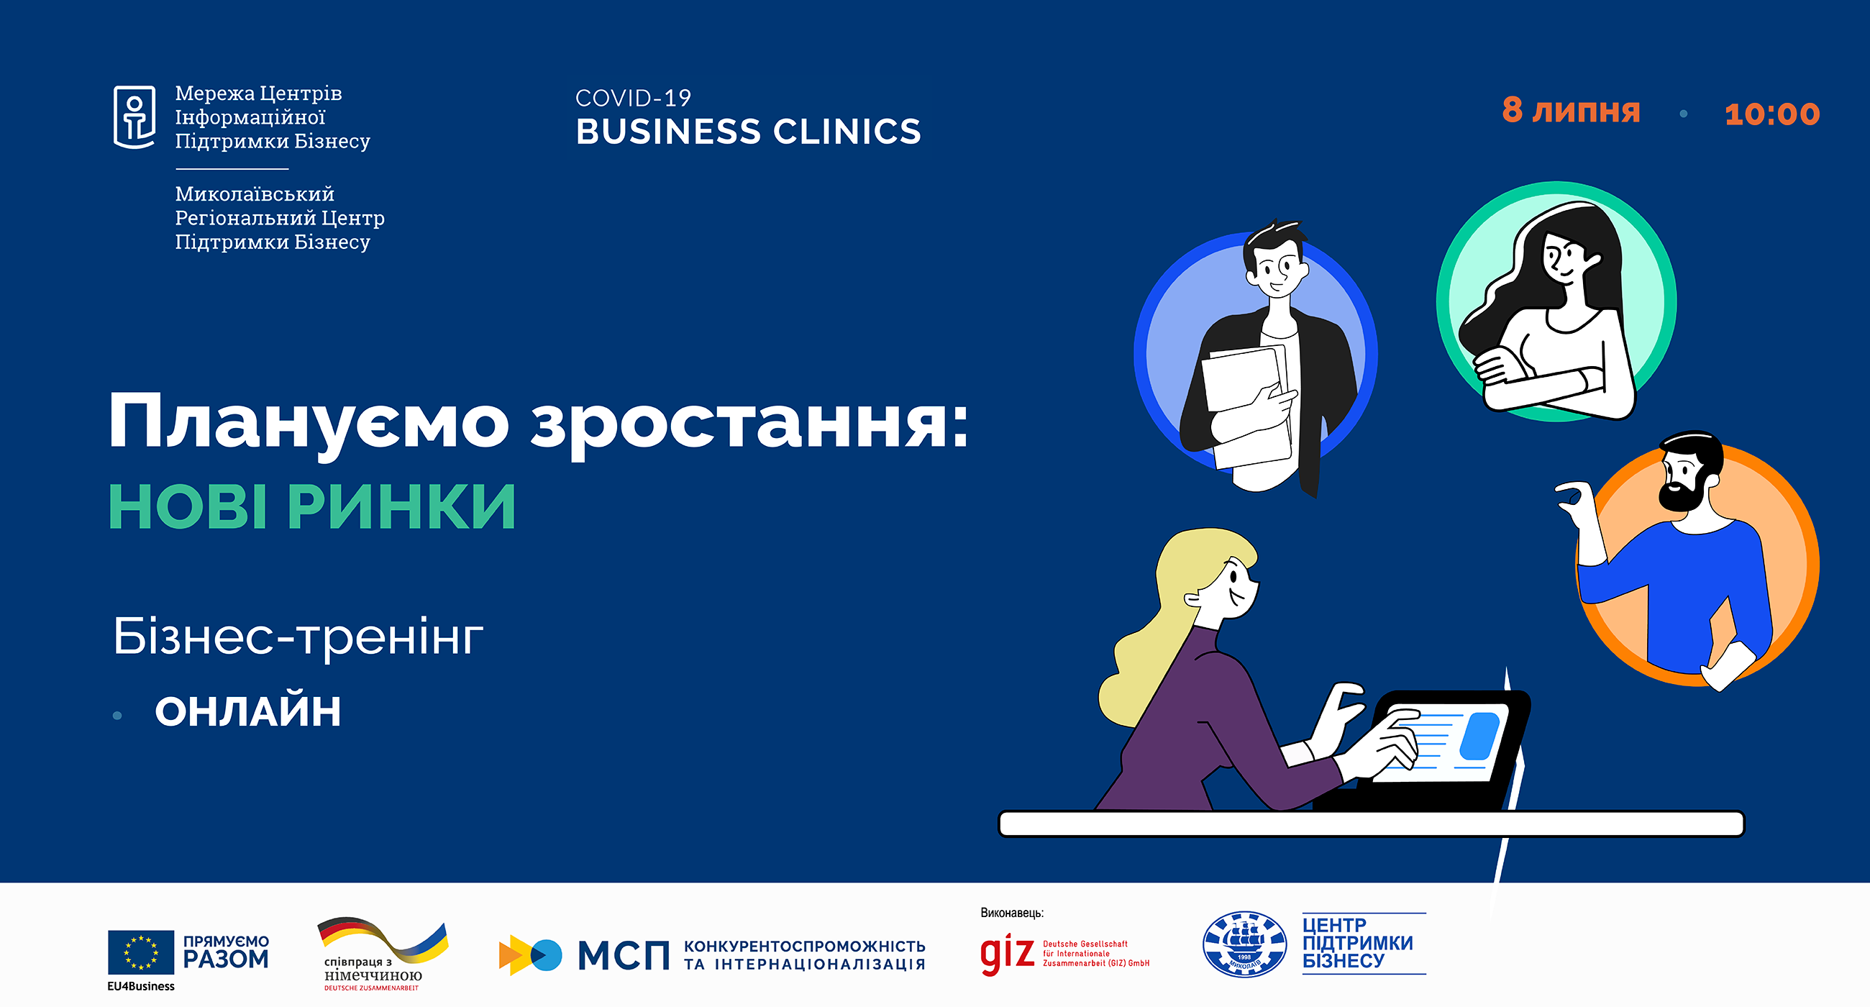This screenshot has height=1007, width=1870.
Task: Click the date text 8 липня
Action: point(1571,110)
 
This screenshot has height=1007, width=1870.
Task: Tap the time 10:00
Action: point(1772,114)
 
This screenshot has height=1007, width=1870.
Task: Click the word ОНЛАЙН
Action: point(247,711)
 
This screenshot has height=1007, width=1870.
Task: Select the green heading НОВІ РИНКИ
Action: point(312,506)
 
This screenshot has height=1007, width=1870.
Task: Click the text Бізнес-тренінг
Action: point(298,637)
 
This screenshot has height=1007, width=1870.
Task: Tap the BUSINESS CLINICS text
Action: point(749,132)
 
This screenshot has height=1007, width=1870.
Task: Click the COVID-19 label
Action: point(633,98)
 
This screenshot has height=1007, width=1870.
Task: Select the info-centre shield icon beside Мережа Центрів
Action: point(134,117)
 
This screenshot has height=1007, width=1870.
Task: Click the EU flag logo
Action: point(141,952)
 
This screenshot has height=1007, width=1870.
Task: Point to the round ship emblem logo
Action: point(1244,944)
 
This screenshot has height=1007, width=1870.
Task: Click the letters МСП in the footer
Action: point(624,955)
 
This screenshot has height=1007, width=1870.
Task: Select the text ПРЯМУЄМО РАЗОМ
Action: point(226,952)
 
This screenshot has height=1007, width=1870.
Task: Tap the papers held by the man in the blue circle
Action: point(1246,406)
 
